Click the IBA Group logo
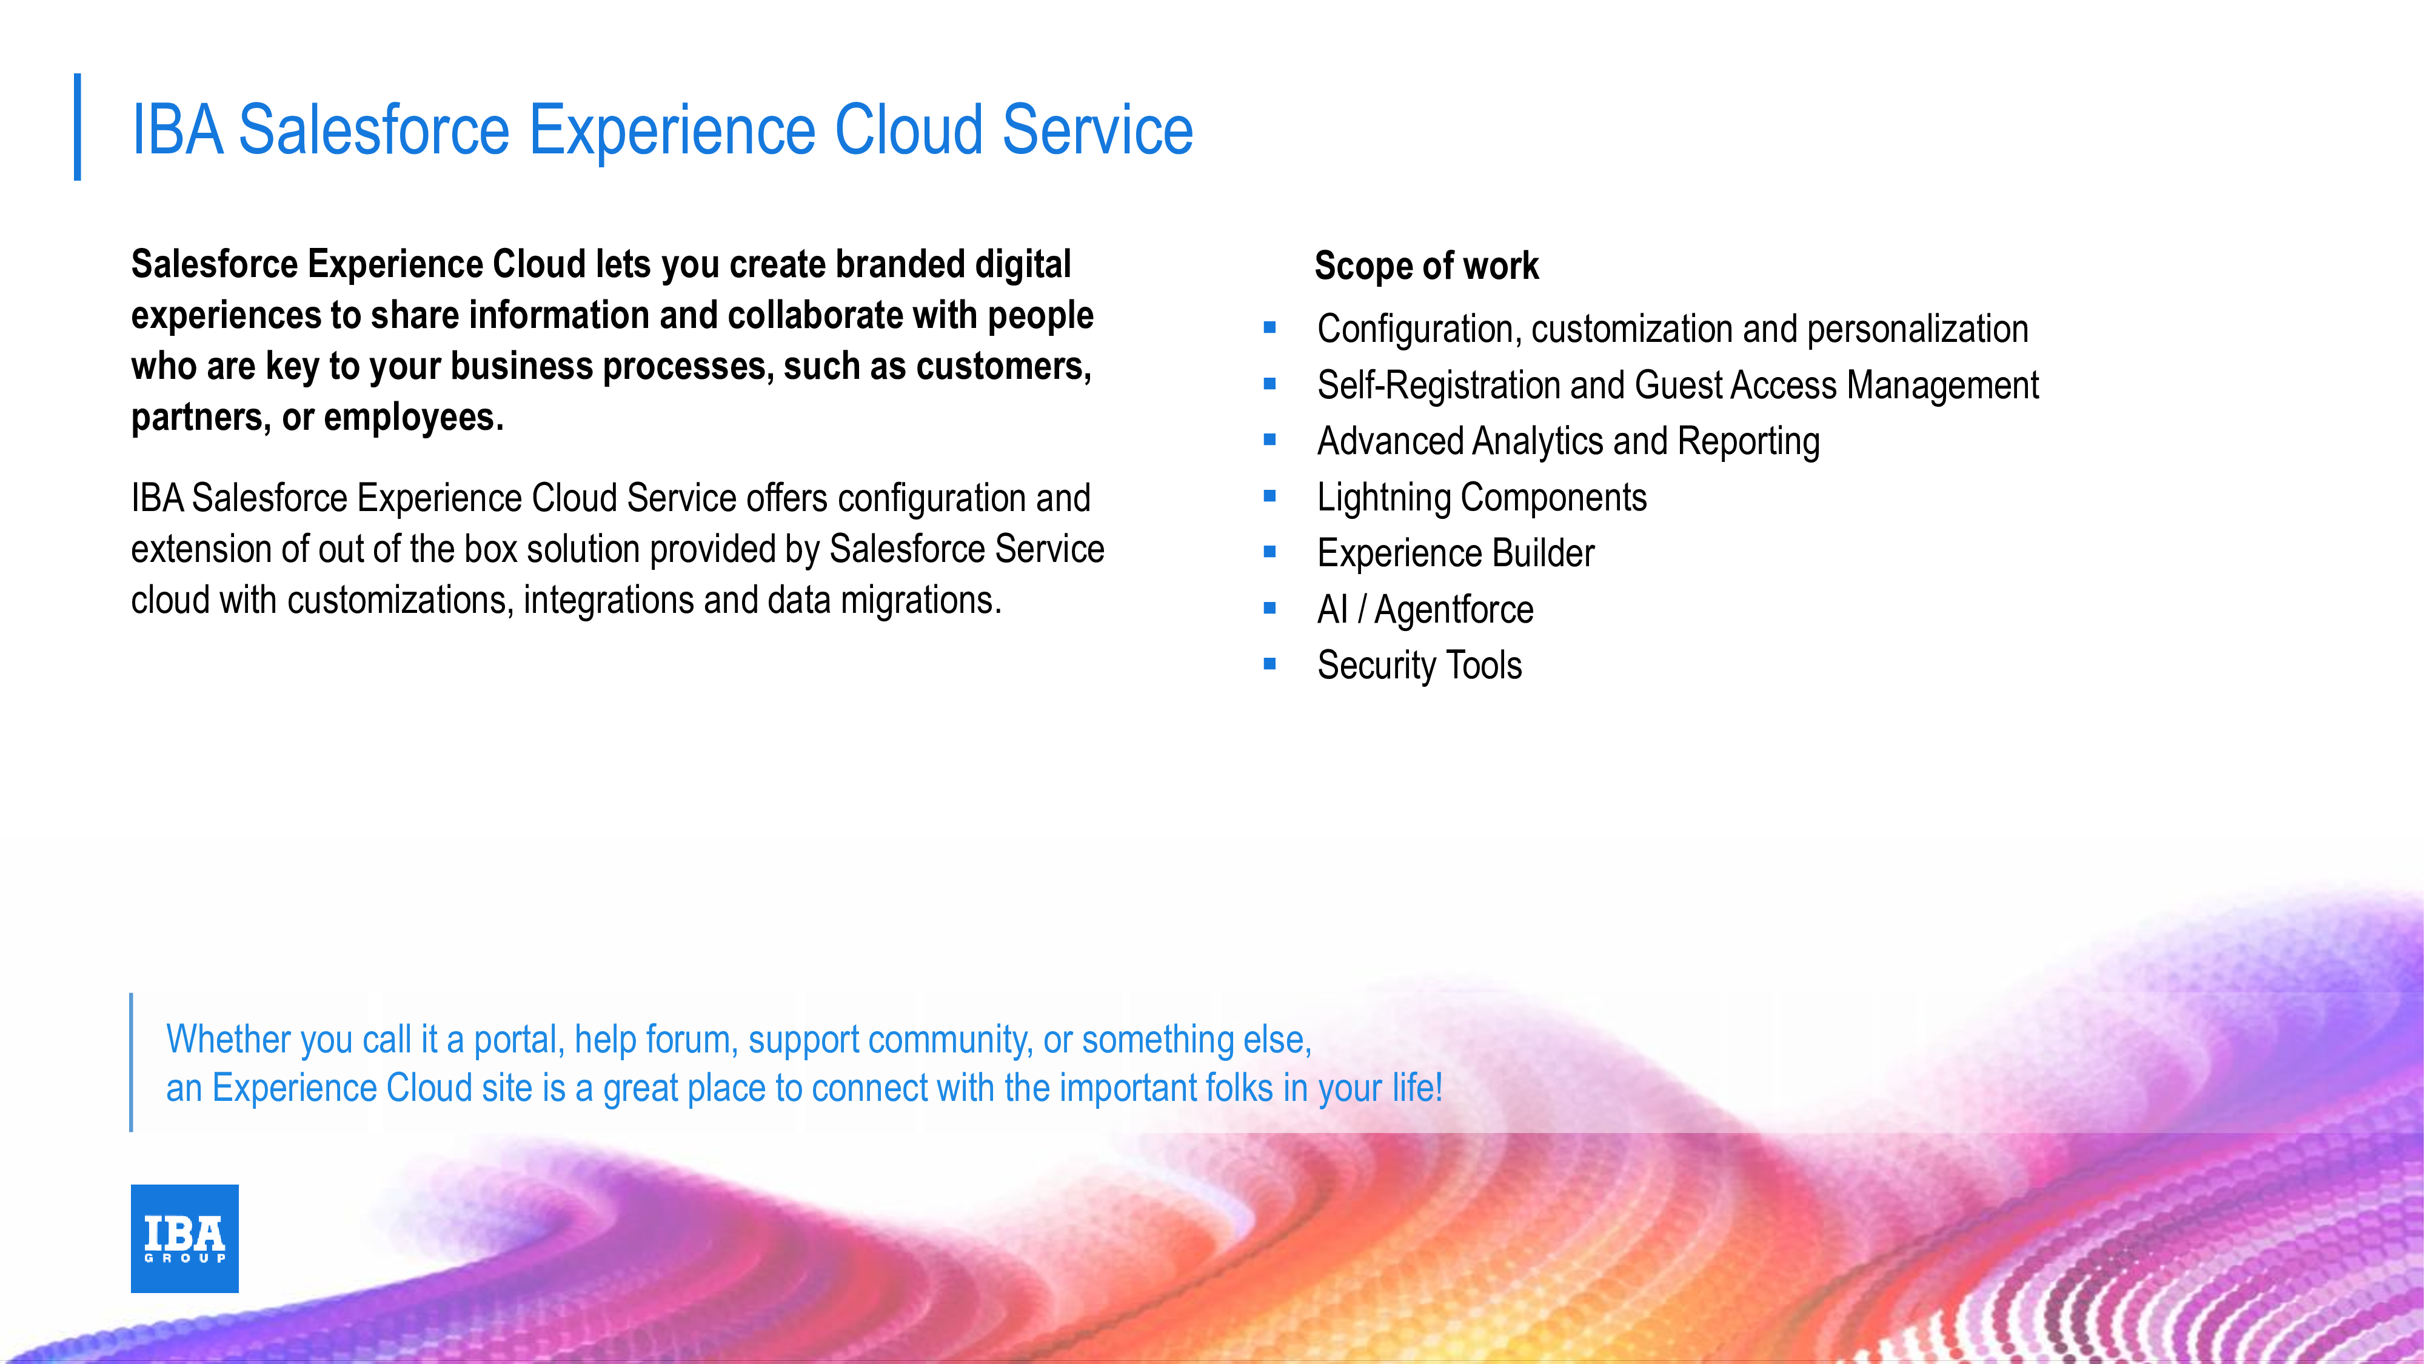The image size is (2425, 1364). [x=184, y=1238]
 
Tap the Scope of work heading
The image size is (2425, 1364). [x=1426, y=266]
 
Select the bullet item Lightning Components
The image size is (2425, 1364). [x=1482, y=498]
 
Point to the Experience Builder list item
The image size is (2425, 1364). [x=1456, y=553]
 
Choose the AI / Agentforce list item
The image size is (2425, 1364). [x=1425, y=610]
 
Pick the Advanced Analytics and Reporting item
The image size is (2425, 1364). [x=1568, y=441]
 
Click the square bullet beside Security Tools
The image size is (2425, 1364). [x=1270, y=664]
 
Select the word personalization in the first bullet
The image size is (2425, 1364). [x=1918, y=329]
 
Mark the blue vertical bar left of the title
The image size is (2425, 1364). [x=77, y=127]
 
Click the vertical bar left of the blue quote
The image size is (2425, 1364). [x=131, y=1062]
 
